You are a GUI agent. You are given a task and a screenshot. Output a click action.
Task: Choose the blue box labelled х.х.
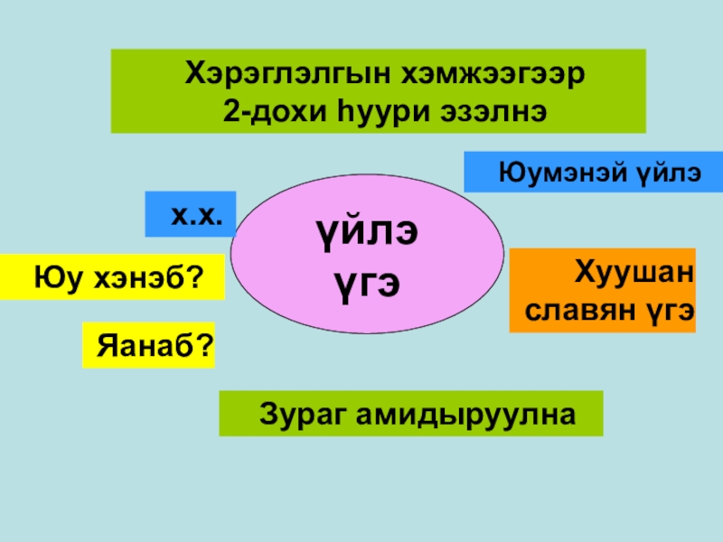[x=191, y=214]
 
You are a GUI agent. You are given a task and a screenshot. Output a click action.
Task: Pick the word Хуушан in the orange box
[x=633, y=271]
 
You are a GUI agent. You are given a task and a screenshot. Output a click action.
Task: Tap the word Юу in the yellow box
[x=52, y=276]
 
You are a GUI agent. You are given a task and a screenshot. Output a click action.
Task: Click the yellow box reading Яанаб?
[x=148, y=345]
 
